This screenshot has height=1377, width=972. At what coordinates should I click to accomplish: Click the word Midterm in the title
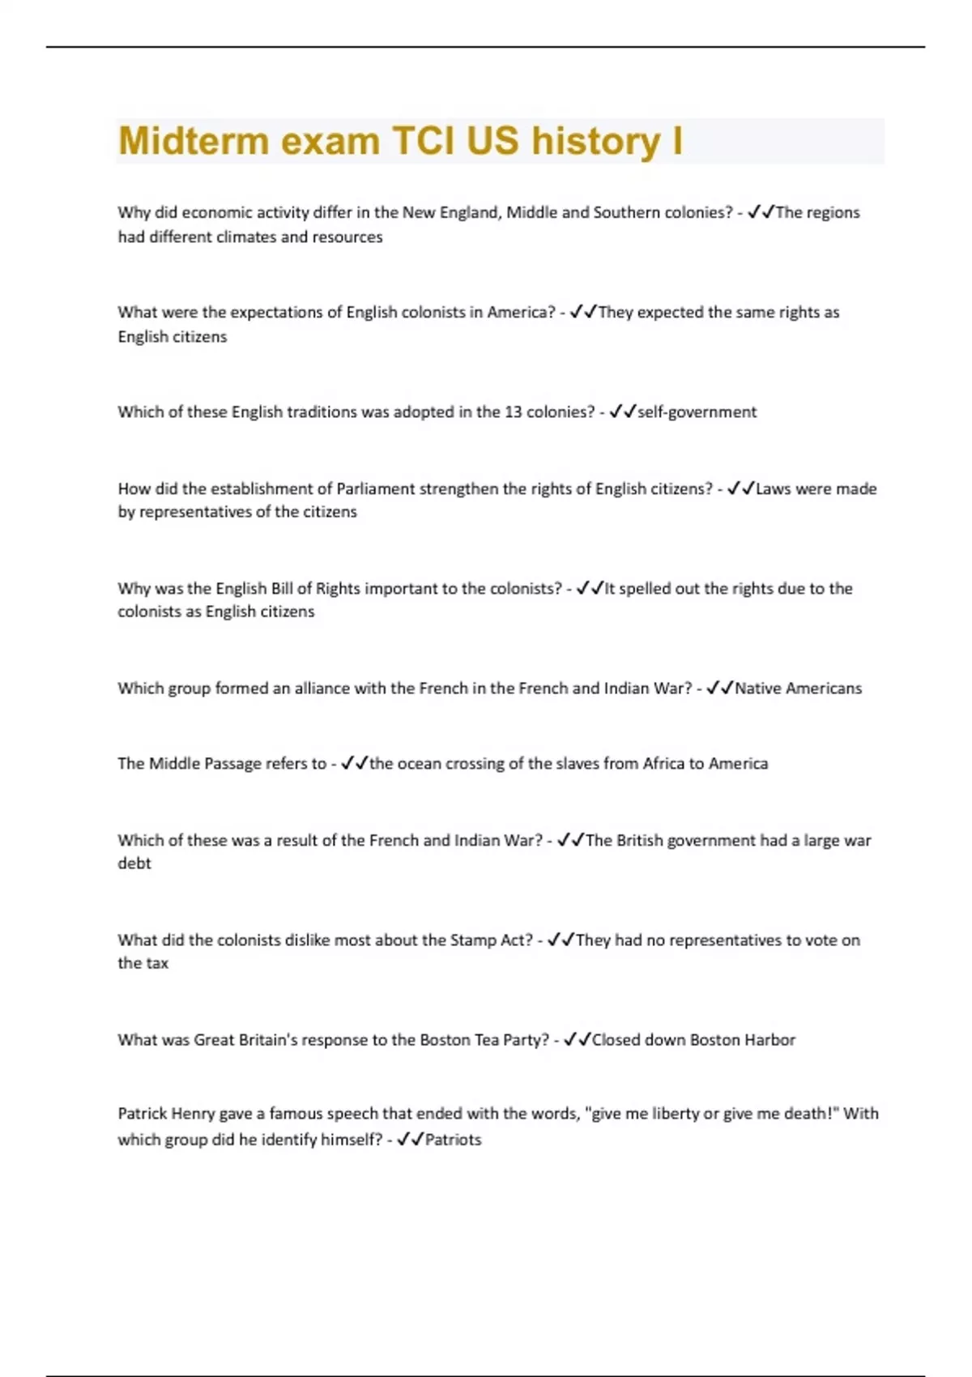click(x=193, y=141)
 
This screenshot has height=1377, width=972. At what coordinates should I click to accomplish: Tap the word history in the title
click(x=595, y=141)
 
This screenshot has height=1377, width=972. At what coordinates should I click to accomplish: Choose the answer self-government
click(x=697, y=412)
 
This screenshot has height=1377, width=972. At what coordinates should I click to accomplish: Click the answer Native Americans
click(x=798, y=688)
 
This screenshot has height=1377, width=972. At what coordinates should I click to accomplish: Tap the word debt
click(x=134, y=863)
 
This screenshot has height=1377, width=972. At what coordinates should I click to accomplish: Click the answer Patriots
click(x=453, y=1140)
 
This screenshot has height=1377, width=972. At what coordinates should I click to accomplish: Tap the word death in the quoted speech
click(x=812, y=1114)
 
